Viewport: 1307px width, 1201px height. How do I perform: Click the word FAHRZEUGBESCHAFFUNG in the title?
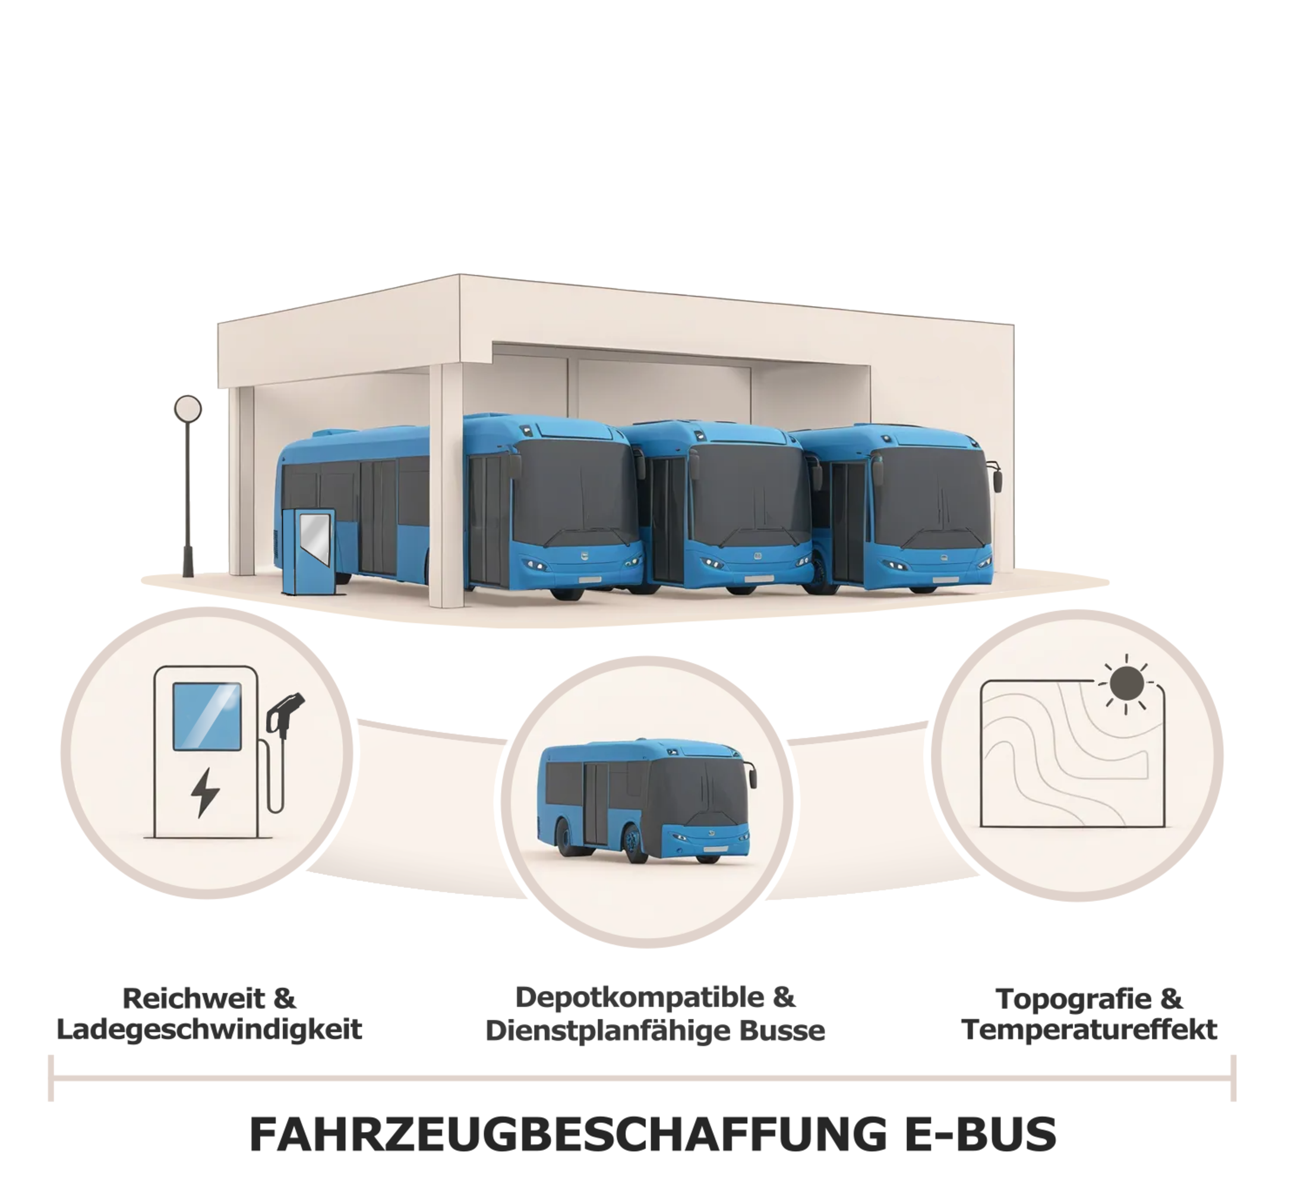pyautogui.click(x=569, y=1134)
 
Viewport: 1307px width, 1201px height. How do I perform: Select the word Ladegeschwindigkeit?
pyautogui.click(x=209, y=1030)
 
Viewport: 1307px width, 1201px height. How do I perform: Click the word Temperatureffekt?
pyautogui.click(x=1090, y=1030)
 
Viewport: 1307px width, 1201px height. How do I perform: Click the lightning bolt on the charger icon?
pyautogui.click(x=206, y=792)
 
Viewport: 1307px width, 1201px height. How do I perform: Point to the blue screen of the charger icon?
pyautogui.click(x=207, y=716)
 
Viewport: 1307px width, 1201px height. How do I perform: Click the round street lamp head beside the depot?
pyautogui.click(x=188, y=409)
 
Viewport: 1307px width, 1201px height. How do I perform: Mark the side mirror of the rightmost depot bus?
pyautogui.click(x=997, y=480)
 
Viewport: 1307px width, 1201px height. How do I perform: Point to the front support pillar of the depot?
pyautogui.click(x=446, y=485)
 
